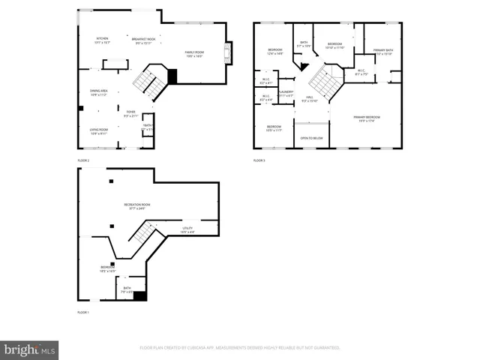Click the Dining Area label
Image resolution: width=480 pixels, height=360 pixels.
tap(99, 93)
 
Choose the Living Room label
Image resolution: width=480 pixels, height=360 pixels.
tap(99, 131)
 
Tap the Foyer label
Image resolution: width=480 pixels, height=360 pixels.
tap(130, 114)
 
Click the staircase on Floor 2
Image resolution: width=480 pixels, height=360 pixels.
tap(150, 82)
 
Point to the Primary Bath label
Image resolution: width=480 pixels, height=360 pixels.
tap(384, 51)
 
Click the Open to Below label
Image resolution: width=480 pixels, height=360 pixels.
tap(311, 138)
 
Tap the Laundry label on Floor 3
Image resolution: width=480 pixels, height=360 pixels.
tap(285, 93)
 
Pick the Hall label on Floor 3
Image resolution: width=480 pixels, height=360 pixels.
tap(309, 98)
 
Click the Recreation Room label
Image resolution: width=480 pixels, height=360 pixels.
tap(137, 206)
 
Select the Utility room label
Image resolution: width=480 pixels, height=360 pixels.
tap(187, 230)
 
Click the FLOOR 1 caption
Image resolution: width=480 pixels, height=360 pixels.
tap(83, 311)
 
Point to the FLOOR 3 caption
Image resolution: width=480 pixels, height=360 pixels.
tap(259, 160)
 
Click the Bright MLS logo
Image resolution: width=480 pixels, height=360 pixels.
tap(30, 349)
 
